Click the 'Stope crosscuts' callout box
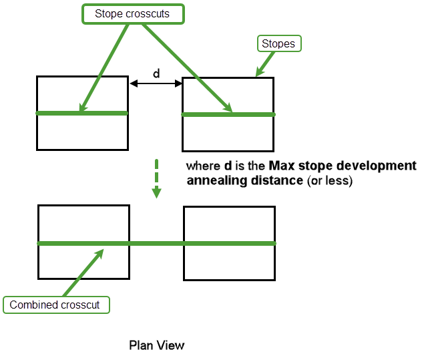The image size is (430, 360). [x=132, y=13]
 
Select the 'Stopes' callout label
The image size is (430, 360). [x=279, y=44]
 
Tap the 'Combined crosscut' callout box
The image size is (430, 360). [x=55, y=305]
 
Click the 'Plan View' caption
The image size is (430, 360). [x=156, y=345]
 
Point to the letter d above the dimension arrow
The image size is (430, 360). [x=156, y=74]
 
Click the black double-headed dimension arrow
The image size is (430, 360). [x=156, y=83]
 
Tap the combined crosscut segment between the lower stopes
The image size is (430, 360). [x=156, y=243]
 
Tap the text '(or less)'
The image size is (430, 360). [x=329, y=180]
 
